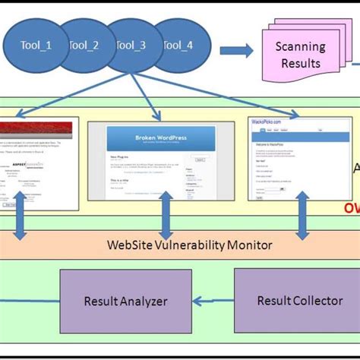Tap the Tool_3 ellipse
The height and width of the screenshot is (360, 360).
coord(131,46)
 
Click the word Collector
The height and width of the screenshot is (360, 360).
coord(316,301)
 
